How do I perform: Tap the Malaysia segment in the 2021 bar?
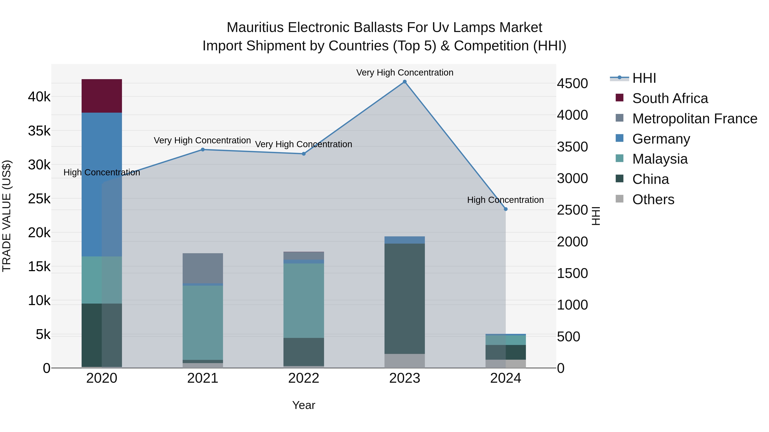203,323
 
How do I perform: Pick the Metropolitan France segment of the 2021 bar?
203,268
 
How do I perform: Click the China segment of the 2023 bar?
405,298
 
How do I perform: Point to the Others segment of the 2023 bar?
405,361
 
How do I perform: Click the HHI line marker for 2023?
405,82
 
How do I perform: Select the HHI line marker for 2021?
203,150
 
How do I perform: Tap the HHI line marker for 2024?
505,209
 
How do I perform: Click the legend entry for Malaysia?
660,159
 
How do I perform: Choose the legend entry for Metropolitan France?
694,119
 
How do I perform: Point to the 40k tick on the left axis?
39,97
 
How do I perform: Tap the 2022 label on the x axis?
304,378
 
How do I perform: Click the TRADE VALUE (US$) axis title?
7,216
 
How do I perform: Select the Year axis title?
304,405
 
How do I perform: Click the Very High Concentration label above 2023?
405,73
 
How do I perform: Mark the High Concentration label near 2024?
505,200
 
